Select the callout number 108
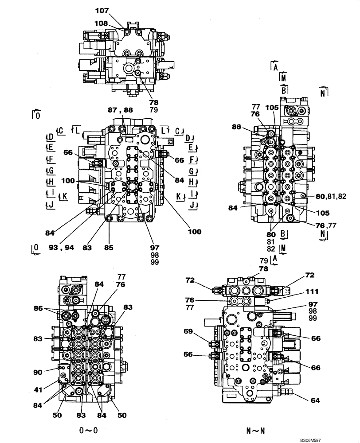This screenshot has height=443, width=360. (101, 23)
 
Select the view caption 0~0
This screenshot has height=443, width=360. (87, 429)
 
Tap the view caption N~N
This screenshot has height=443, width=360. (256, 429)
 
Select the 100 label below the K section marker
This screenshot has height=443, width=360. (194, 231)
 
